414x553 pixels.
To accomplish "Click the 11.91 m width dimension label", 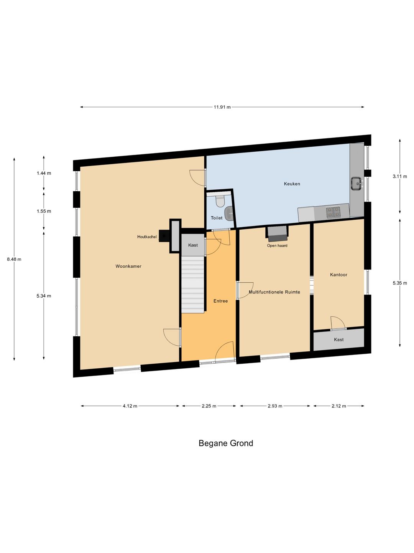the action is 222,107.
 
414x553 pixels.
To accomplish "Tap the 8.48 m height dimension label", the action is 14,259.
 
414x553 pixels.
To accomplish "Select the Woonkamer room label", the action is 128,266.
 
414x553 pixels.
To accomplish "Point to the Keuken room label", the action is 292,184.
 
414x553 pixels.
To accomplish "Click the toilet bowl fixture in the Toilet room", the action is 220,201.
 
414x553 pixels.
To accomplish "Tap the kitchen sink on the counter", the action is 356,184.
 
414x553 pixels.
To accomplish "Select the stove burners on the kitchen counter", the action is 333,212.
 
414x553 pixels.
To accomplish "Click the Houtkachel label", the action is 147,237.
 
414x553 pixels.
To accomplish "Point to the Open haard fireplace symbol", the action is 277,233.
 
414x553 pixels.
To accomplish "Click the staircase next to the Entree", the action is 192,285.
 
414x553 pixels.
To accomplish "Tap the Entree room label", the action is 220,301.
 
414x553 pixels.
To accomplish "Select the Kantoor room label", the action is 338,275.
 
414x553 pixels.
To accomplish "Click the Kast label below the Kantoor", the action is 338,339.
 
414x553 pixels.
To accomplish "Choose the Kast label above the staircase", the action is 193,245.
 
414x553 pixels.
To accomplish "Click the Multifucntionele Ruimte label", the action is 274,292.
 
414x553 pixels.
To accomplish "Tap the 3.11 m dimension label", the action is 400,176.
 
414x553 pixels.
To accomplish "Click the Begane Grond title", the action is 226,443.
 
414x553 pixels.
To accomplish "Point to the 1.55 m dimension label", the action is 44,211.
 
